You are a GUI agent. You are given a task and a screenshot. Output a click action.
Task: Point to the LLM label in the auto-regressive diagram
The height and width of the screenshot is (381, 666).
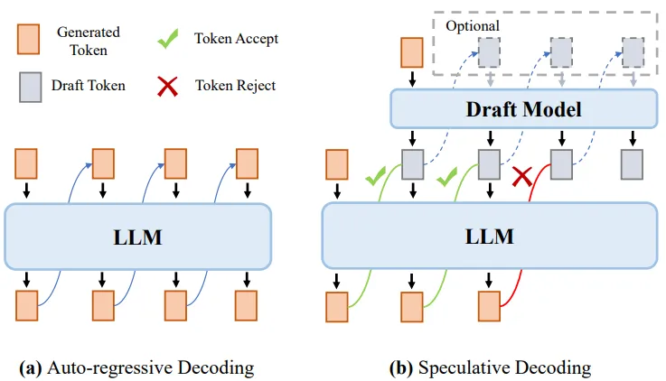point(137,237)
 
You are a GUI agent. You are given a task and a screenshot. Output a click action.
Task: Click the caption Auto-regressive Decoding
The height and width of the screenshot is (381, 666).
point(149,367)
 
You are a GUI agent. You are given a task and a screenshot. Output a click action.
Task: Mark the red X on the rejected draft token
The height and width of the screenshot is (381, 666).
point(521,177)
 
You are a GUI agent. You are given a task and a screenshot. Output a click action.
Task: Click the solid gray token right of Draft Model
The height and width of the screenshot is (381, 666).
point(633,165)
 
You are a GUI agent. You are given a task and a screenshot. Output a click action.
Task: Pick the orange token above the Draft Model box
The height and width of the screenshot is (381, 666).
point(412,53)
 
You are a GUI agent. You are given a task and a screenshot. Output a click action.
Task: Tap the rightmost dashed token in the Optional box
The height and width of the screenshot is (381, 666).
point(633,53)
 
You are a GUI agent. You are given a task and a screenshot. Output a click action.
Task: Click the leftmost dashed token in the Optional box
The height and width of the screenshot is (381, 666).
point(488,53)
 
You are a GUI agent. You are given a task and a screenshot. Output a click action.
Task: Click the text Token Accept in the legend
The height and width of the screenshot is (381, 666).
point(236,39)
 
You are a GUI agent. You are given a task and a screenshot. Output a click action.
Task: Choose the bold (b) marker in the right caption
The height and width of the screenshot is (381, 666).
point(400,367)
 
